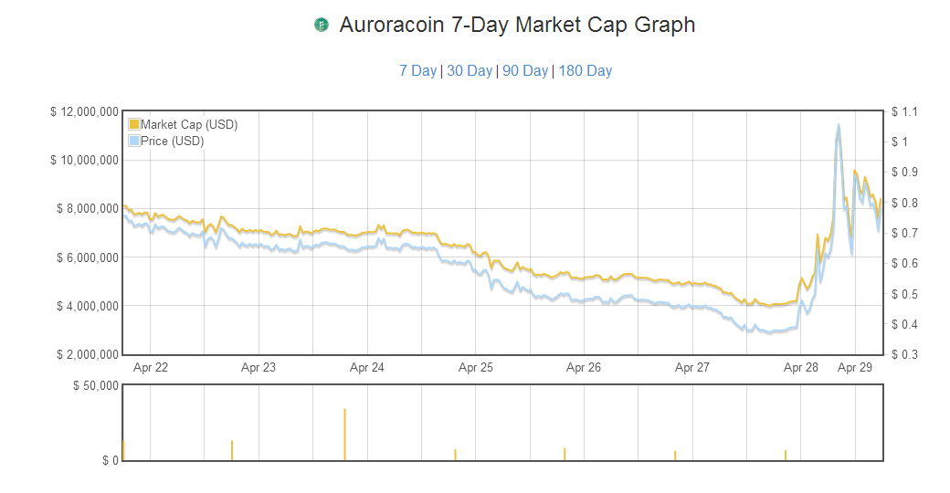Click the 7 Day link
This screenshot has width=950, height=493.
click(x=417, y=70)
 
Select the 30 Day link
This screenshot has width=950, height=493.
click(x=470, y=70)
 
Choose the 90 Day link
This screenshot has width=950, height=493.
click(x=525, y=70)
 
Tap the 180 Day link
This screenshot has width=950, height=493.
click(x=585, y=70)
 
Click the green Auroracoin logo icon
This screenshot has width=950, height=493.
click(x=321, y=25)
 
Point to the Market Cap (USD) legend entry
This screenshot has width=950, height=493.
click(x=188, y=124)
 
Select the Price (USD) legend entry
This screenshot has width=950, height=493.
click(x=172, y=141)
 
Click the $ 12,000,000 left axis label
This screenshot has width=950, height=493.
click(x=84, y=111)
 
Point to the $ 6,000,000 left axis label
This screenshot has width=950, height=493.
click(x=87, y=257)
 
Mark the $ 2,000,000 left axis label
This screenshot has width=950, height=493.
click(x=87, y=354)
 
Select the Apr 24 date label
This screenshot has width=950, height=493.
click(x=366, y=368)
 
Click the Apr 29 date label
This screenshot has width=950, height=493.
click(x=855, y=368)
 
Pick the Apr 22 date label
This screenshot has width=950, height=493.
click(x=150, y=368)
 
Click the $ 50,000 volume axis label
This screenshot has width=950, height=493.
click(x=96, y=385)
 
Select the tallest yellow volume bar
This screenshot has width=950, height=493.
click(x=344, y=434)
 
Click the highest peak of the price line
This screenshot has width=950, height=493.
click(x=838, y=126)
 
